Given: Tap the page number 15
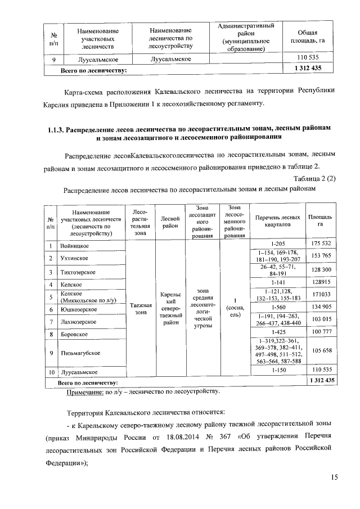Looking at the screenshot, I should [334, 478].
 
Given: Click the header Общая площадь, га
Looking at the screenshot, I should [307, 37].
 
